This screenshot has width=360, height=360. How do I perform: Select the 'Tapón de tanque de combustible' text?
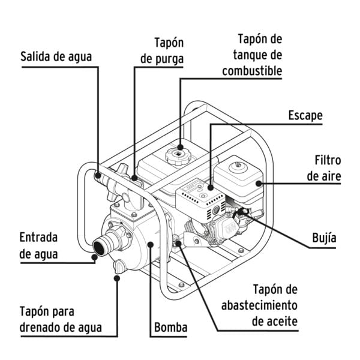click(x=251, y=55)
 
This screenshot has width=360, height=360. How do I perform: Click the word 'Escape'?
click(x=305, y=115)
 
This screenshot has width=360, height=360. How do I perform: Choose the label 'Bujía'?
click(x=324, y=238)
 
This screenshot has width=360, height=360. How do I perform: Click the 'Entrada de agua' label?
click(x=47, y=245)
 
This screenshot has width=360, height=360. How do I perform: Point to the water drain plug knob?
click(x=118, y=267)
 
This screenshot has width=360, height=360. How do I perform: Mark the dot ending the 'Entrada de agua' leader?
click(x=94, y=259)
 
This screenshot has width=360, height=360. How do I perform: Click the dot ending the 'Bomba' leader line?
click(x=150, y=244)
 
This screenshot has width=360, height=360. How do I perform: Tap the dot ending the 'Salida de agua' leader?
click(x=97, y=175)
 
